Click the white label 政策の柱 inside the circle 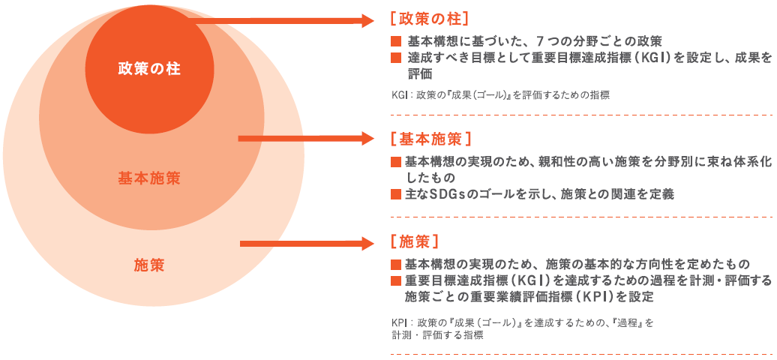tap(149, 70)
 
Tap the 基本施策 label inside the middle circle tap(149, 178)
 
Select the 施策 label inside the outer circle tap(149, 265)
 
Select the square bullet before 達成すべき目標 tap(396, 58)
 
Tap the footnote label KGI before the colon tap(398, 96)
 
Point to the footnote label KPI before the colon tap(398, 322)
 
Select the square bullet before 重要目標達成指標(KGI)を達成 tap(396, 280)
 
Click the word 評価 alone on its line tap(421, 75)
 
